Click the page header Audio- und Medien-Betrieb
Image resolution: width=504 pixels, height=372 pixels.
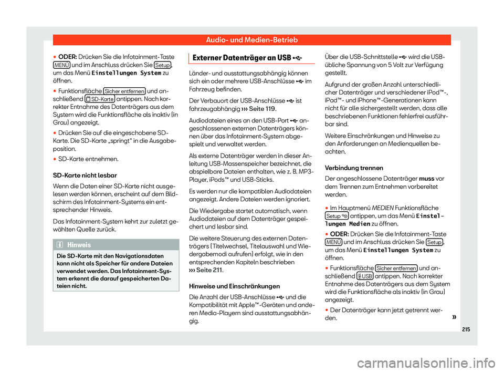click(x=251, y=40)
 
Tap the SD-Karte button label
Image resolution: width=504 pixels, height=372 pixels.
click(x=100, y=100)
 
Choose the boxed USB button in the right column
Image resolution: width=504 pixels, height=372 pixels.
click(x=365, y=276)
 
